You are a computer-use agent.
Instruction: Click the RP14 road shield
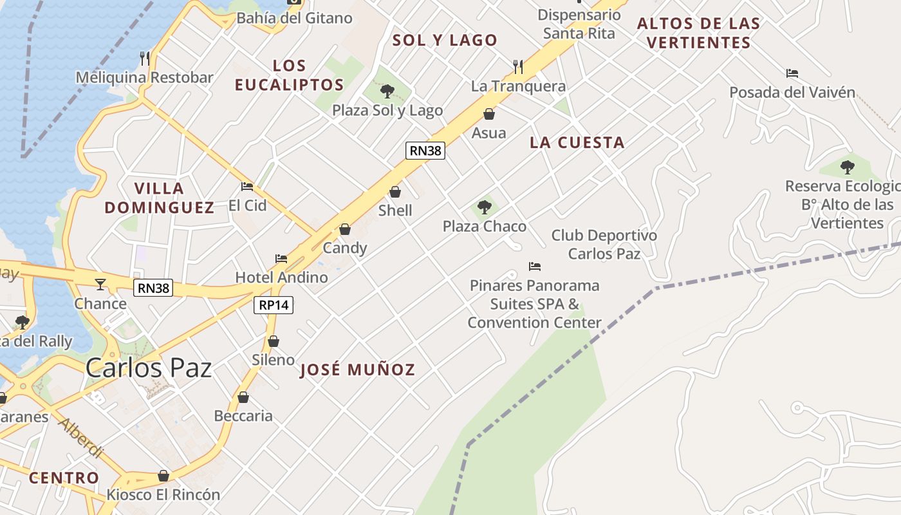[x=274, y=305]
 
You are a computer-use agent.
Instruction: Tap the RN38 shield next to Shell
[x=425, y=151]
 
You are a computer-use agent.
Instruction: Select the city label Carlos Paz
[x=149, y=368]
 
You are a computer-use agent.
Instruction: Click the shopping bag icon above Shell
[x=395, y=192]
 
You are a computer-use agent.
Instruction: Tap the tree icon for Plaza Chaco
[x=485, y=207]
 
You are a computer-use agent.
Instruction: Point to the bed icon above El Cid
[x=247, y=187]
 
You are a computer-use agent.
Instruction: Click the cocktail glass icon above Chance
[x=100, y=284]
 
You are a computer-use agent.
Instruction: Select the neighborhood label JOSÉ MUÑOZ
[x=358, y=370]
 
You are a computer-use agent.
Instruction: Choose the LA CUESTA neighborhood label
[x=577, y=143]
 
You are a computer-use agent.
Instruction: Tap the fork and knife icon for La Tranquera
[x=518, y=66]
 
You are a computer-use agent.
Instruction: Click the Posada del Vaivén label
[x=792, y=93]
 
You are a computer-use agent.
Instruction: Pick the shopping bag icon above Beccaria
[x=243, y=397]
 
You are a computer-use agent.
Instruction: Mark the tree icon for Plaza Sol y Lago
[x=387, y=91]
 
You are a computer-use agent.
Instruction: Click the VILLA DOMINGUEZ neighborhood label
[x=160, y=198]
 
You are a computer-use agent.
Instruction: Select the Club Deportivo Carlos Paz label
[x=604, y=245]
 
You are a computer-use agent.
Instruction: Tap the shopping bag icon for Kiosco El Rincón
[x=163, y=476]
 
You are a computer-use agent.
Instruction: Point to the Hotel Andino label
[x=281, y=277]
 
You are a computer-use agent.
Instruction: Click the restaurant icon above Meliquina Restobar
[x=145, y=59]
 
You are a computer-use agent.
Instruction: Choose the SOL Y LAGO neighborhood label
[x=445, y=40]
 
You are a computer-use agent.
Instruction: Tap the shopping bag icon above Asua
[x=489, y=114]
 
